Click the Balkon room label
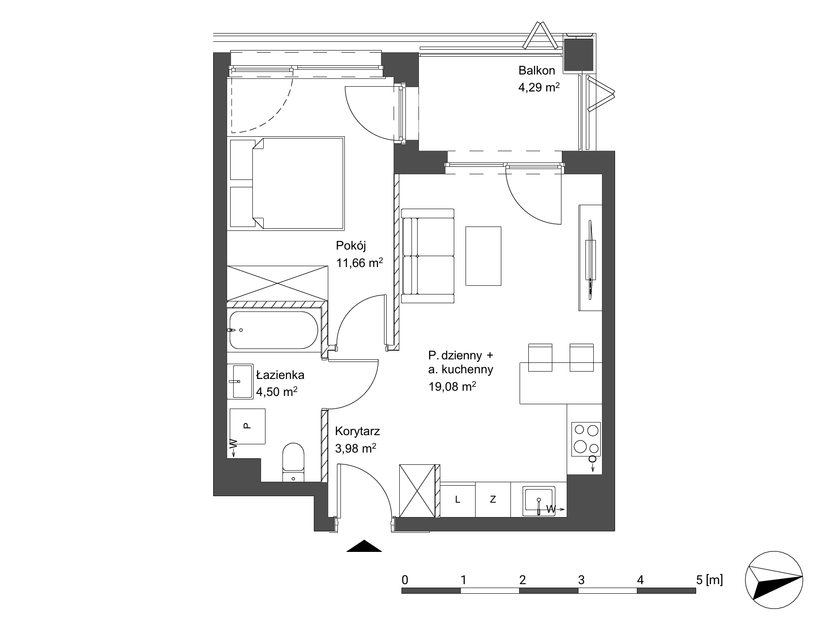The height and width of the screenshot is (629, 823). coord(537,71)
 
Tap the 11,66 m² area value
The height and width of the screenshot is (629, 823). coord(360,263)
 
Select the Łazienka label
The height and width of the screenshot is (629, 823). coord(280,375)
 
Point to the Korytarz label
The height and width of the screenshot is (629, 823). coord(357,431)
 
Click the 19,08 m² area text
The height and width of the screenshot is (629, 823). coord(452,386)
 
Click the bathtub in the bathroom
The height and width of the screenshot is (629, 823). coord(274,330)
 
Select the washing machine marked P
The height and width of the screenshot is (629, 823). coord(247,426)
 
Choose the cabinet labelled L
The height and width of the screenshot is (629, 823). coord(458,500)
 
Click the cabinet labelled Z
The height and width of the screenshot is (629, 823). coord(493,500)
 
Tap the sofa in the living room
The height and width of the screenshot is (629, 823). coord(428,256)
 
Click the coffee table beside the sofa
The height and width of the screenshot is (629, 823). coord(483,256)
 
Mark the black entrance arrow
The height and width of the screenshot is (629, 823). coord(364,546)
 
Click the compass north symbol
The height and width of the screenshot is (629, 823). coord(774,582)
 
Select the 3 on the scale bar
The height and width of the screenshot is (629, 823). coord(581,580)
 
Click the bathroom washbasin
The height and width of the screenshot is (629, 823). coord(240,381)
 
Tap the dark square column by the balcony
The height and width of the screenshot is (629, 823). coord(578,54)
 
